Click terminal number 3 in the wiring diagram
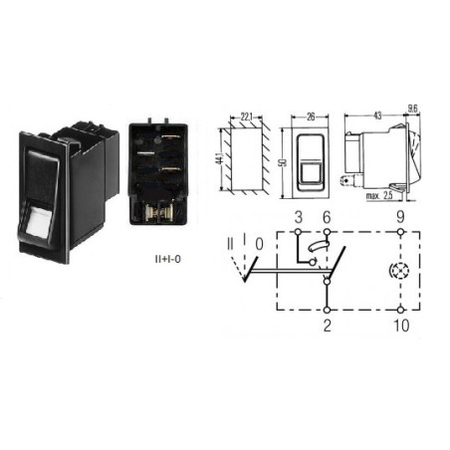tap(299, 217)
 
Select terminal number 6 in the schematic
tap(327, 217)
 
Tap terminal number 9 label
tap(400, 217)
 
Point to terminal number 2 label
tap(328, 326)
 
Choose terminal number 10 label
tap(401, 326)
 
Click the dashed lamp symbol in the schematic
tap(400, 271)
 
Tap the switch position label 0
tap(259, 244)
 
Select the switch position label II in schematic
tap(230, 244)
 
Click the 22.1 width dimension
tap(246, 116)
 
